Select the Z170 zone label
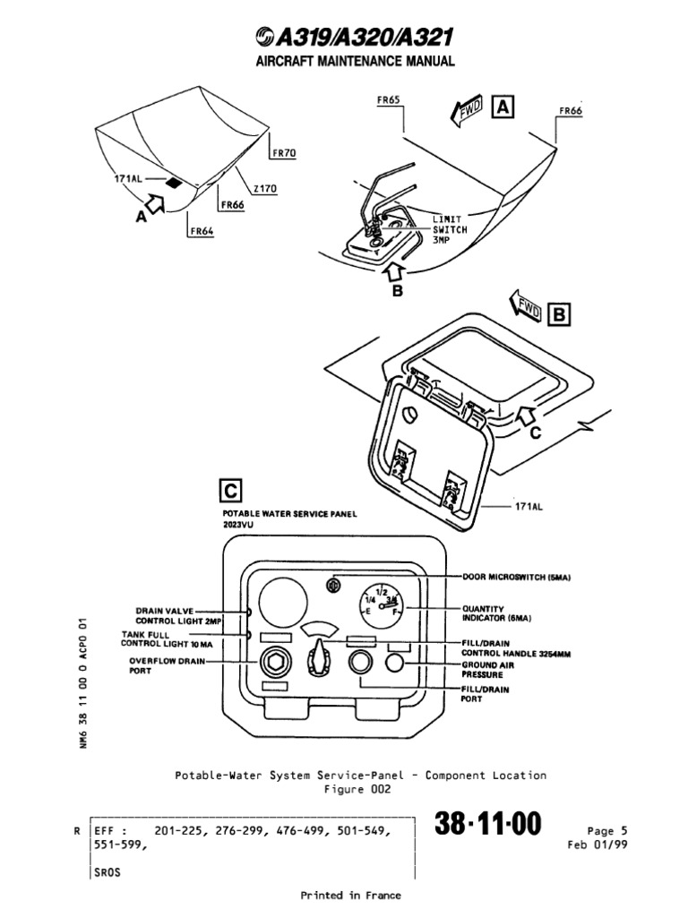point(265,188)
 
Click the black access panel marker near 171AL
point(174,184)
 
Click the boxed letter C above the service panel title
point(230,492)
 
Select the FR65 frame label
point(387,101)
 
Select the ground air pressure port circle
point(398,663)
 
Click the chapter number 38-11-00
point(489,826)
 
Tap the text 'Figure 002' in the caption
point(357,789)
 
